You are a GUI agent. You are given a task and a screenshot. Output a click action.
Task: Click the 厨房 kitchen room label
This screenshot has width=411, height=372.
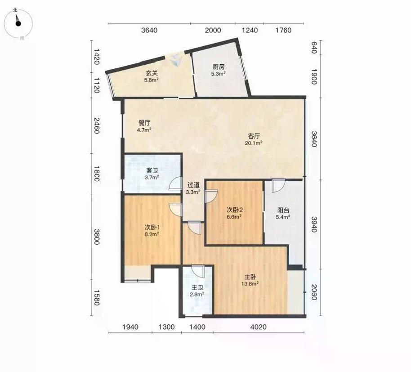[x=219, y=67]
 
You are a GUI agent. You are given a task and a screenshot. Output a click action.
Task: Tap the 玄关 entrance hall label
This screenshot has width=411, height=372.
[x=152, y=73]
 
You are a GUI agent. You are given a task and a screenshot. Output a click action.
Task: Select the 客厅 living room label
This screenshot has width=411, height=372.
[x=254, y=136]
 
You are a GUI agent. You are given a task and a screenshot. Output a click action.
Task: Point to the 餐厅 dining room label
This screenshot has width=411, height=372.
[x=144, y=123]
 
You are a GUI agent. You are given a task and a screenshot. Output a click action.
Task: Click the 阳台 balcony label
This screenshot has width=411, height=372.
[x=283, y=210]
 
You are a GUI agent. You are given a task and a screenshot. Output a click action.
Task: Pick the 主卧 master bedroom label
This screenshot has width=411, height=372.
[x=250, y=277]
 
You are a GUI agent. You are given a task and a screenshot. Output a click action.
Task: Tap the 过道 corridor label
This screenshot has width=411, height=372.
[x=193, y=185]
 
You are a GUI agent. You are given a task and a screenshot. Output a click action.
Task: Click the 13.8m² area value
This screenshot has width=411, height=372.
[x=250, y=283]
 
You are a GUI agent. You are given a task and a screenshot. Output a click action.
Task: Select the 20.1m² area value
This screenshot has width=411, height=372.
[x=254, y=143]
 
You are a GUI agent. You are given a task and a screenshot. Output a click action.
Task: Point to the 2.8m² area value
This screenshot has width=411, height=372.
[x=197, y=294]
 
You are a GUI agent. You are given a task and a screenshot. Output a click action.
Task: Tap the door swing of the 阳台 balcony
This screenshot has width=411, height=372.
[x=278, y=186]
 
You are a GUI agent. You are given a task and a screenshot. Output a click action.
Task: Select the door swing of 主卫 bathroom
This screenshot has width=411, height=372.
[x=198, y=271]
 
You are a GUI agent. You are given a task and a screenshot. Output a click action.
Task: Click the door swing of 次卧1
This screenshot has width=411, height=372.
[x=176, y=210]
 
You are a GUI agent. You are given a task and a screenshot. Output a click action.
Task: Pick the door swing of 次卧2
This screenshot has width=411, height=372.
[x=211, y=197]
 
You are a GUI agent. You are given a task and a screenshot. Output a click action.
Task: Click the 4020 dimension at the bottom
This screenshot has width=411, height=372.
[x=259, y=327]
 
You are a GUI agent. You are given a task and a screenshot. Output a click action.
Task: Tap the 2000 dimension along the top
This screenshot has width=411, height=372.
[x=213, y=30]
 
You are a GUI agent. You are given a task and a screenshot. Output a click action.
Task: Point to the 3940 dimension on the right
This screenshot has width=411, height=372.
[x=314, y=224]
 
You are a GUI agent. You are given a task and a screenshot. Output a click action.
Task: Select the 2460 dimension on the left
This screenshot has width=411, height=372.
[x=97, y=125]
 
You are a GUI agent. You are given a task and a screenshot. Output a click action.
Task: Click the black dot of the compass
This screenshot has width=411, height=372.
[x=18, y=23]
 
